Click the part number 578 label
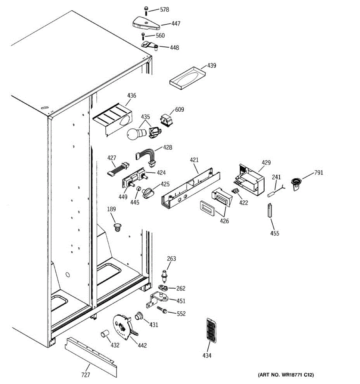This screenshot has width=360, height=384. [164, 10]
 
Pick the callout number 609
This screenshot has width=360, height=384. [179, 109]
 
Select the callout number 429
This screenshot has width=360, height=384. [266, 162]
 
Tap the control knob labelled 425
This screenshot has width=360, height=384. [148, 194]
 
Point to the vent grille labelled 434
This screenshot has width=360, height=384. [212, 330]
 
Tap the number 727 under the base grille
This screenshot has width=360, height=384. [85, 375]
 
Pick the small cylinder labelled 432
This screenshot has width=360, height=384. [104, 334]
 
